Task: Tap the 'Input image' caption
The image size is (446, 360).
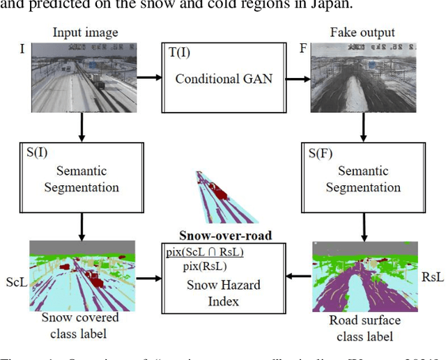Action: [x=85, y=32]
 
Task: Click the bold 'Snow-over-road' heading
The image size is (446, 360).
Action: [x=225, y=235]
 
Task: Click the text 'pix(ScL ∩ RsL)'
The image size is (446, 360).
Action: [x=208, y=251]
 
